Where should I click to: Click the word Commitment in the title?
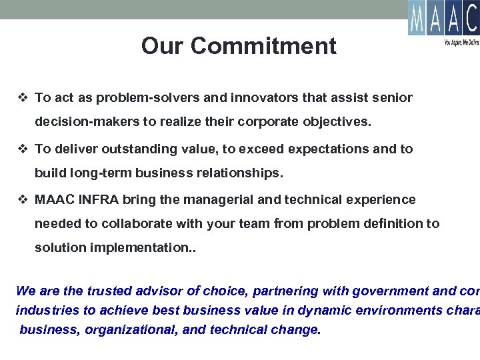click(263, 46)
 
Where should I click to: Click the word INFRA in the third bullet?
click(100, 199)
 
